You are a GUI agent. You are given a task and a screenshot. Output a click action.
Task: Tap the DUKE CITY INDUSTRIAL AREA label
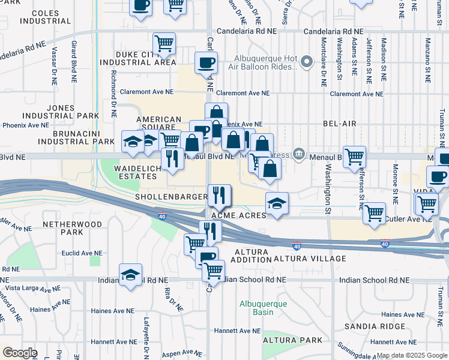pyautogui.click(x=138, y=57)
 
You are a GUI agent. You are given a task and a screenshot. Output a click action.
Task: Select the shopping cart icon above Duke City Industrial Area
pyautogui.click(x=164, y=43)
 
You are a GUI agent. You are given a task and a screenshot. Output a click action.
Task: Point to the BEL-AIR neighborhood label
pyautogui.click(x=340, y=124)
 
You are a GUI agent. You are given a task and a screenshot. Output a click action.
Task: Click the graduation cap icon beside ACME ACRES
pyautogui.click(x=277, y=203)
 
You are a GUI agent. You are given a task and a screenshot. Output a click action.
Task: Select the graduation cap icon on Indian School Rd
pyautogui.click(x=130, y=275)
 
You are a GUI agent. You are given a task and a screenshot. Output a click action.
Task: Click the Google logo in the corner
pyautogui.click(x=20, y=353)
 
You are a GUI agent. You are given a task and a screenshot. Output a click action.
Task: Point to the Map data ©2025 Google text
pyautogui.click(x=411, y=355)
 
